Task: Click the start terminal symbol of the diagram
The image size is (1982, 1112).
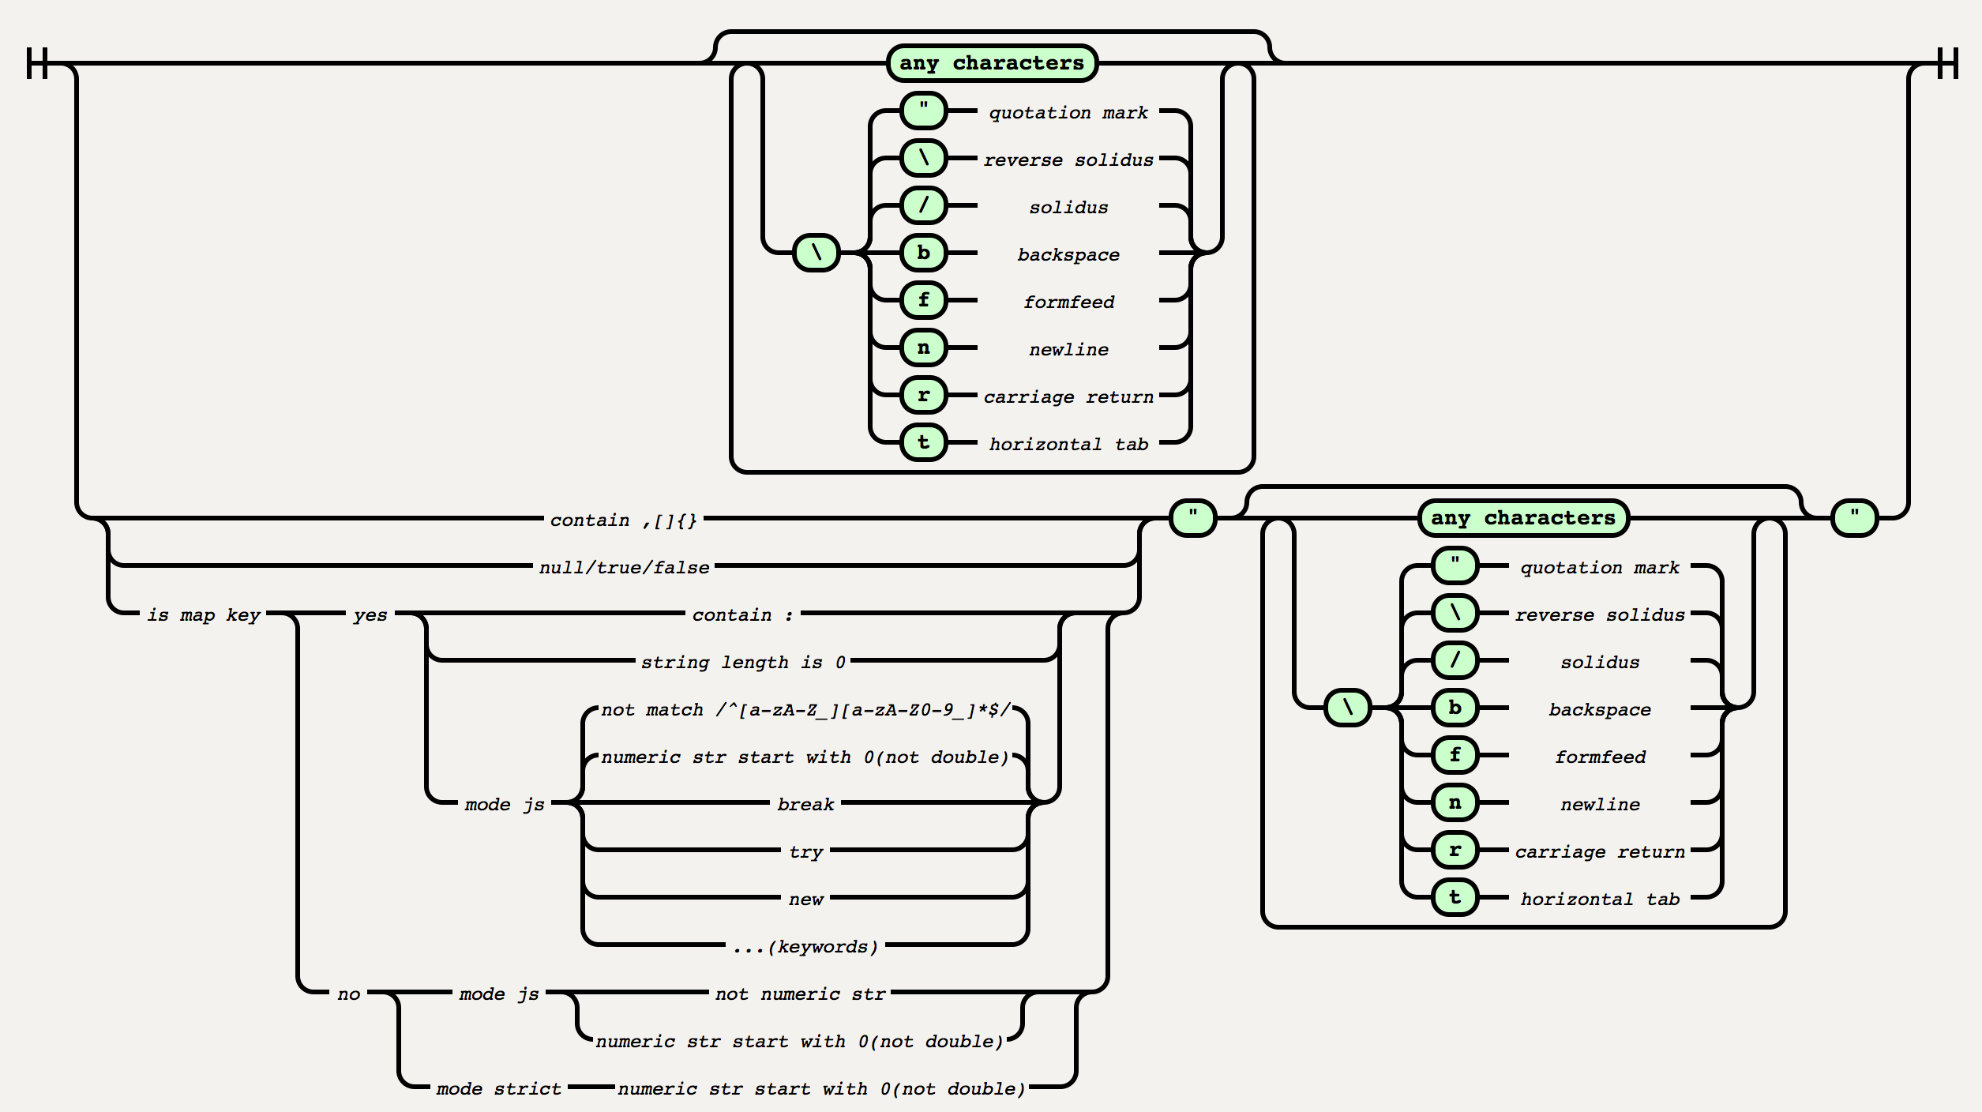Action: (37, 63)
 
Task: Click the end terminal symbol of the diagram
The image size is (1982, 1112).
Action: (1947, 63)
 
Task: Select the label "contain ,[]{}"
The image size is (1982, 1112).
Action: (624, 520)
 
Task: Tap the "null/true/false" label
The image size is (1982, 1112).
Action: (624, 567)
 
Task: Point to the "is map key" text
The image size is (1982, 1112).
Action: (204, 614)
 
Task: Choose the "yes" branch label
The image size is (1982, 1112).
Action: (370, 614)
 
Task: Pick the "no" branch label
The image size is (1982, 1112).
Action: (348, 994)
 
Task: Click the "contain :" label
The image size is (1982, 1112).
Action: (742, 614)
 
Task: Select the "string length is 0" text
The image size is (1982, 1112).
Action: (742, 662)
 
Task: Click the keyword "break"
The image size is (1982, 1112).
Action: (805, 804)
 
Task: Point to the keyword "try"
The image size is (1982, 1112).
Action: (805, 851)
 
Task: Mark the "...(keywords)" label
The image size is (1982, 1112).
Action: (805, 946)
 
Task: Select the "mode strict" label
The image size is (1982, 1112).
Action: (498, 1088)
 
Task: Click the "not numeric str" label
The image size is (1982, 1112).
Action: (800, 994)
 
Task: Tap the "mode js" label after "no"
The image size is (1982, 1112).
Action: (499, 994)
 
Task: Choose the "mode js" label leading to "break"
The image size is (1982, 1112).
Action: (505, 804)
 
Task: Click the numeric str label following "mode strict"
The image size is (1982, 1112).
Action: (821, 1088)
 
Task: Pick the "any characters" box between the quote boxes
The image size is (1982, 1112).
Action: (1523, 518)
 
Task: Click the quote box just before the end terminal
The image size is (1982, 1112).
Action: (1854, 518)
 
